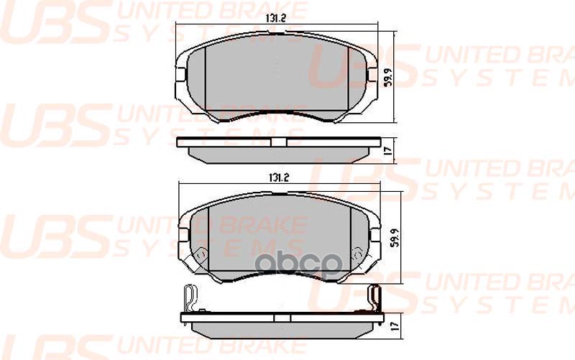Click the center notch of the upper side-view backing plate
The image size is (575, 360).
(x=277, y=142)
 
